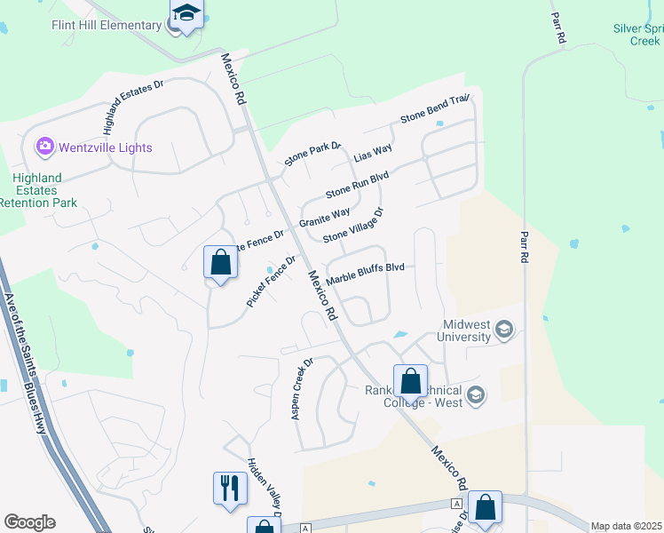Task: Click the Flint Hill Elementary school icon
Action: coord(186,14)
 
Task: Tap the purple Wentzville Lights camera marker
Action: coord(43,146)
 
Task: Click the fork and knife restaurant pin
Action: coord(229,487)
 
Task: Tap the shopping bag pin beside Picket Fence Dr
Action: coord(220,263)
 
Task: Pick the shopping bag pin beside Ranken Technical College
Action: coord(410,382)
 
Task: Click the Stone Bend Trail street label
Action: coord(434,108)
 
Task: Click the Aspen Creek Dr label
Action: coord(303,389)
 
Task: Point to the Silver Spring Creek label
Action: coord(637,35)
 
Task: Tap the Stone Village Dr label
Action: coord(352,226)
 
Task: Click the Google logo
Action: coord(29,522)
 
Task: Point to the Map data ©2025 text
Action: coord(626,526)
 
